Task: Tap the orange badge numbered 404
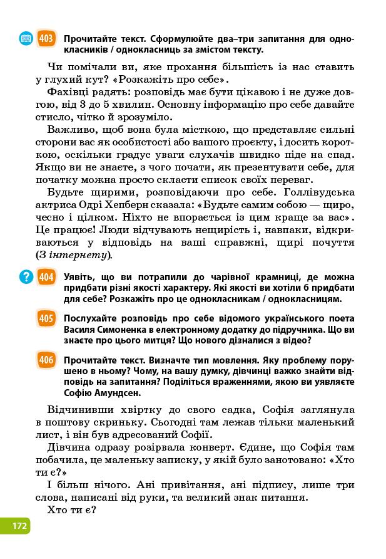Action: [46, 276]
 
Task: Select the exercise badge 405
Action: [46, 318]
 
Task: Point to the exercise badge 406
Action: [46, 360]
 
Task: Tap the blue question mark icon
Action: [26, 276]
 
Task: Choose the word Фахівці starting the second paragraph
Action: [68, 92]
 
